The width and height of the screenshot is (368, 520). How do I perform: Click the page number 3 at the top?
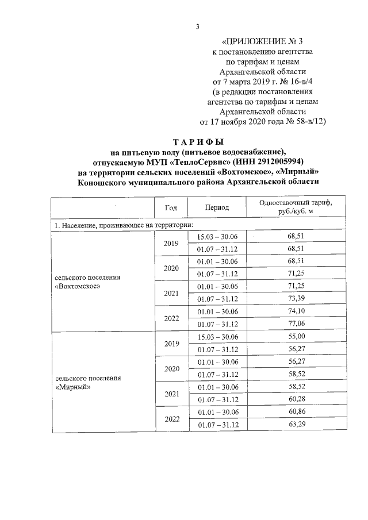coord(197,26)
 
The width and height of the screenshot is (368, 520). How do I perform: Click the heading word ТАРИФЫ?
coord(198,142)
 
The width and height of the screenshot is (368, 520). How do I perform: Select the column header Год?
coord(170,208)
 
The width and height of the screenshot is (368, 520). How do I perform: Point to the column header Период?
coord(217,208)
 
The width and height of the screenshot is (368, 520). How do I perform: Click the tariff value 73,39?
coord(296,297)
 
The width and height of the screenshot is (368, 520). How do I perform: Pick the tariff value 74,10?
coord(296,311)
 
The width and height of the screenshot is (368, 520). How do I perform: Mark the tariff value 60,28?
coord(296,399)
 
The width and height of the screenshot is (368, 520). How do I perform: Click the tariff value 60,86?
coord(296,413)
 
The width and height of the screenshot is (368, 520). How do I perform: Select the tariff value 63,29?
coord(296,425)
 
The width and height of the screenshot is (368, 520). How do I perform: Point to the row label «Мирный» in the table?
coord(70,386)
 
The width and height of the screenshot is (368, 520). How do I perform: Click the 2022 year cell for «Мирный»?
coord(171,419)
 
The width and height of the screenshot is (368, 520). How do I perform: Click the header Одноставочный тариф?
coord(296,203)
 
